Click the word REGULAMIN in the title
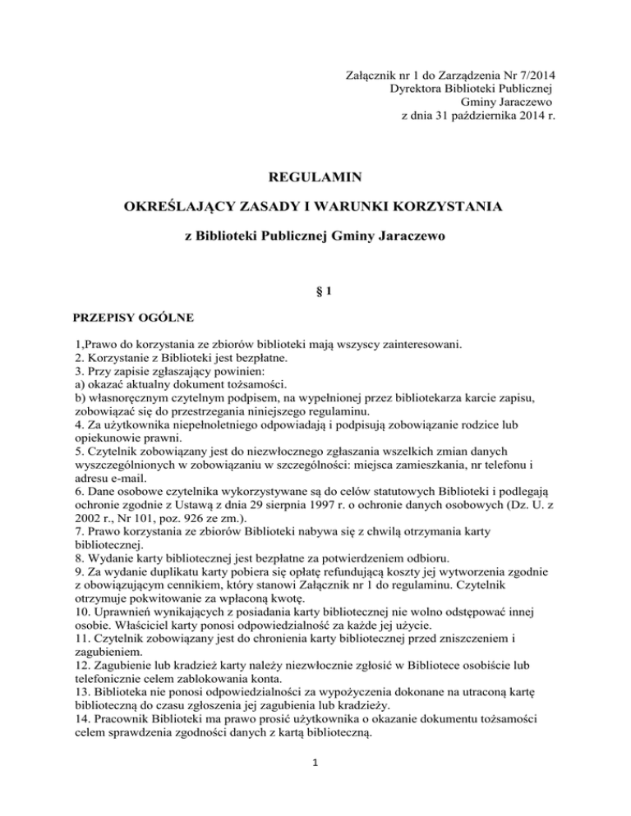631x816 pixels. point(315,176)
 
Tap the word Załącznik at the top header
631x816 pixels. point(375,76)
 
